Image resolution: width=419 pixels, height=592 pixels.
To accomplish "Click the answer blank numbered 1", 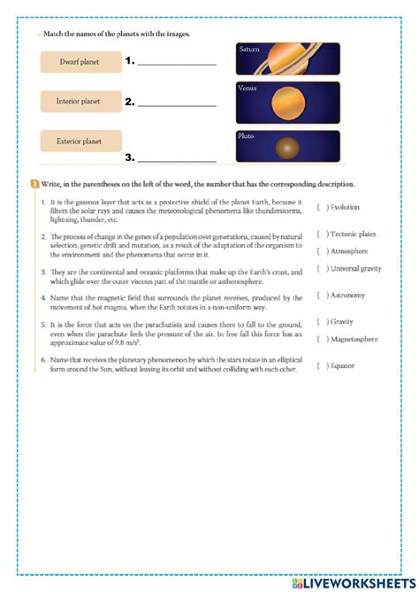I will tap(177, 63).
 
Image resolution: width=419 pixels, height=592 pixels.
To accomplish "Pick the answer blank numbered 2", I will tap(177, 104).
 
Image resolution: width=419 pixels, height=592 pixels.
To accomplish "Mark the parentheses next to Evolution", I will tap(320, 207).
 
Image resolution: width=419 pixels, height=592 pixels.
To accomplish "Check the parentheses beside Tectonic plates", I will tap(320, 234).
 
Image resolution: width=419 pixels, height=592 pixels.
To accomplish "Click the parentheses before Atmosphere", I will tap(320, 250).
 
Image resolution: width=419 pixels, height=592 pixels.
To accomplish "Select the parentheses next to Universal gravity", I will tap(320, 268).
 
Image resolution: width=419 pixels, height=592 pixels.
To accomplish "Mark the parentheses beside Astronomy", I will tap(320, 296).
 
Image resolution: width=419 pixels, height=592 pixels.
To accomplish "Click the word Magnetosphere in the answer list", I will tap(355, 339).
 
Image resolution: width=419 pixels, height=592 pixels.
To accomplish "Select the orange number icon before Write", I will tap(34, 184).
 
